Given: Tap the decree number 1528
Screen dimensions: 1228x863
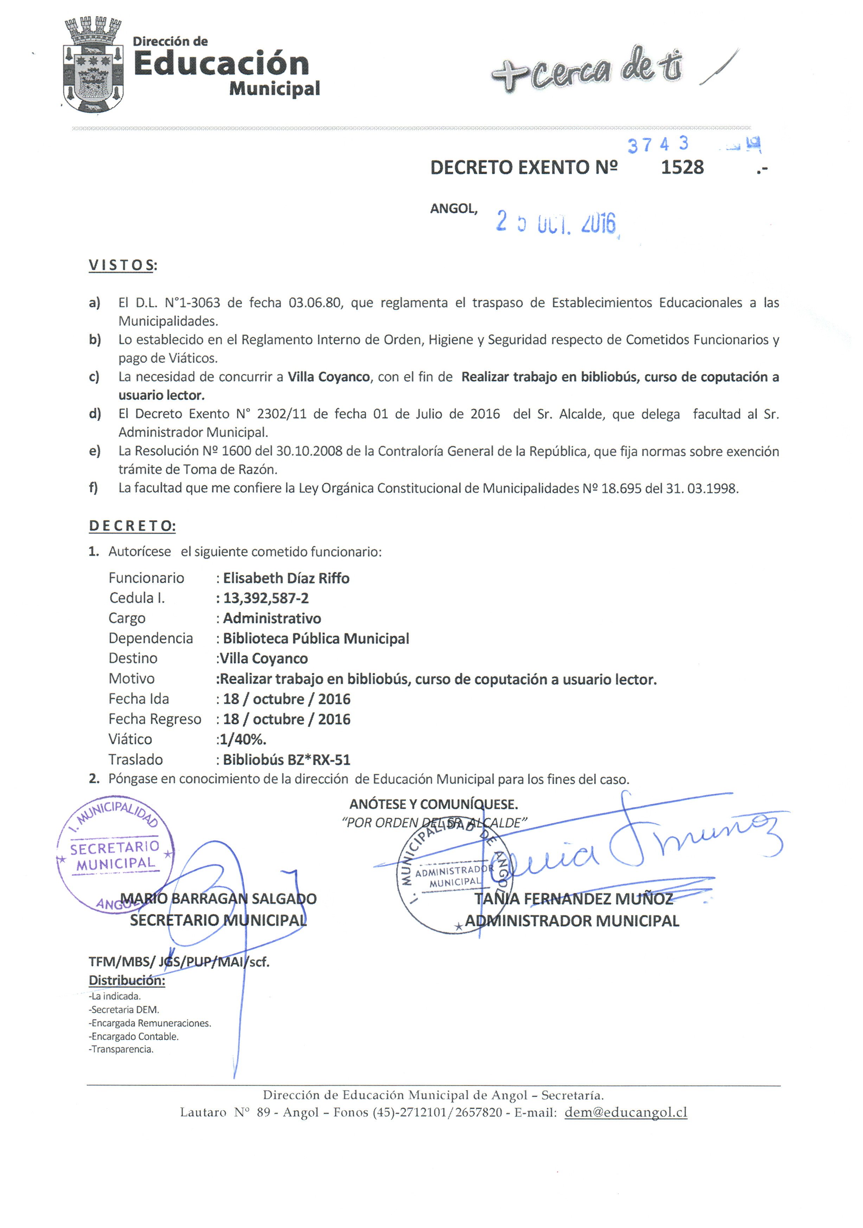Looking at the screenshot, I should pyautogui.click(x=682, y=167).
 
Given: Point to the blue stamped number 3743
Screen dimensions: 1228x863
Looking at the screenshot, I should pyautogui.click(x=658, y=144).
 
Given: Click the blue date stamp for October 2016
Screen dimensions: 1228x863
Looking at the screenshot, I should pyautogui.click(x=556, y=222).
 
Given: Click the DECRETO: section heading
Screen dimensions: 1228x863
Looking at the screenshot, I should pyautogui.click(x=132, y=526).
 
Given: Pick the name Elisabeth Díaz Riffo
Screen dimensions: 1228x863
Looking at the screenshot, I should pyautogui.click(x=286, y=578).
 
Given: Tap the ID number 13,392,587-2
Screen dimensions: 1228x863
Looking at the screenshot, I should pyautogui.click(x=266, y=598).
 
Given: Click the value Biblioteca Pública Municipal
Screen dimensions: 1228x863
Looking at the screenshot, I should pyautogui.click(x=316, y=638).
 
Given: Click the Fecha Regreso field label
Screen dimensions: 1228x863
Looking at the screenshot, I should pyautogui.click(x=155, y=719).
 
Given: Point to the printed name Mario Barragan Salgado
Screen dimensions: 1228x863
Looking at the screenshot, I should pyautogui.click(x=218, y=899).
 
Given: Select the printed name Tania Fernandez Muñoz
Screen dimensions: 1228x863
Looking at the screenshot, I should pyautogui.click(x=574, y=899).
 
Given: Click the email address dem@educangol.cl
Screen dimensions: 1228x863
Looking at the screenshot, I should pyautogui.click(x=626, y=1112).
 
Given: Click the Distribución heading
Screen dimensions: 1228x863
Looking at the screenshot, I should pyautogui.click(x=127, y=981).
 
